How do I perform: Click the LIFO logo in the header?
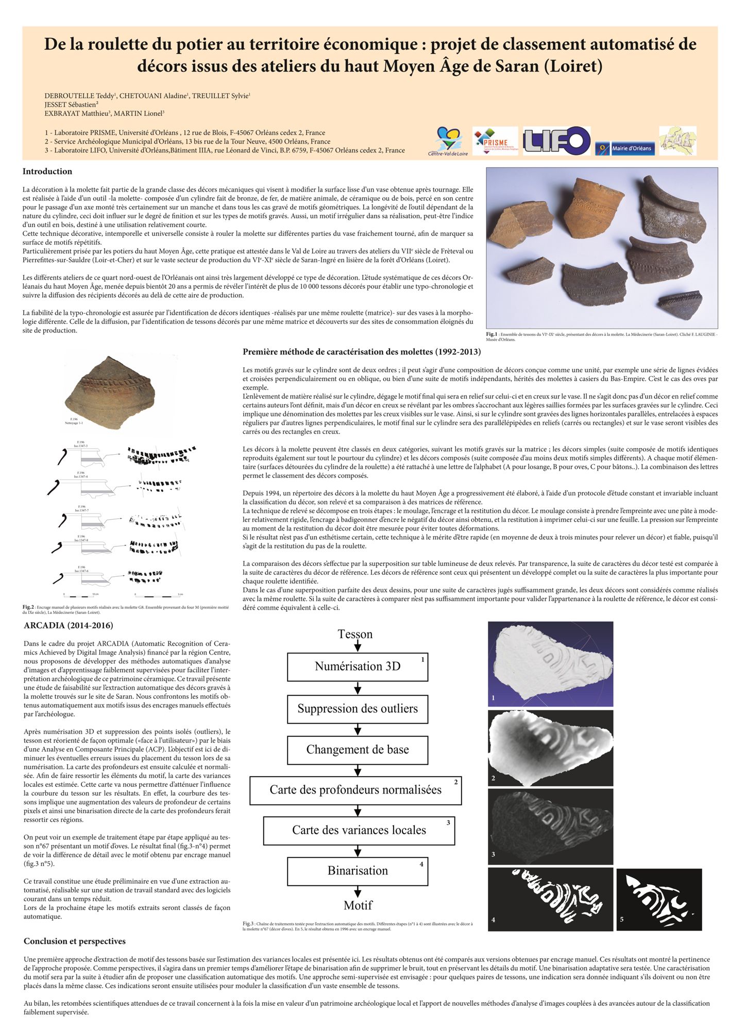(x=556, y=141)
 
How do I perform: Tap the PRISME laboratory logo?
(x=495, y=141)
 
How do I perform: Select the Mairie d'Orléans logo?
(x=625, y=148)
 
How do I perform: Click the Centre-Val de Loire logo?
(x=448, y=142)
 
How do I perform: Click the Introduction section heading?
(x=47, y=171)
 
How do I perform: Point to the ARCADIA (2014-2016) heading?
(x=69, y=626)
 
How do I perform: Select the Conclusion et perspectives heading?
(x=75, y=941)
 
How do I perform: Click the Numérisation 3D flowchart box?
(x=358, y=666)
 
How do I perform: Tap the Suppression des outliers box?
(x=358, y=709)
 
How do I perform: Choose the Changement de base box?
(x=358, y=749)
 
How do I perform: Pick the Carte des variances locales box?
(x=359, y=830)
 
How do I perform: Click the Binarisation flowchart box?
(x=358, y=871)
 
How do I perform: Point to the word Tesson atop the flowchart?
(x=355, y=634)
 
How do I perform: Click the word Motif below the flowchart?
(x=358, y=905)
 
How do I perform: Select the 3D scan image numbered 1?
(x=550, y=663)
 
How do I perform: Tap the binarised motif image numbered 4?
(x=550, y=899)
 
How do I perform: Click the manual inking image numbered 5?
(x=659, y=899)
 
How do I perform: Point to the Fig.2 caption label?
(x=28, y=607)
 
